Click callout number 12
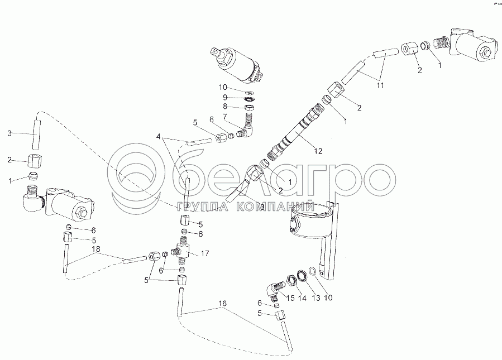pyautogui.click(x=318, y=151)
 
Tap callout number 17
pyautogui.click(x=205, y=253)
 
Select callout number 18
pyautogui.click(x=96, y=248)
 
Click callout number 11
pyautogui.click(x=380, y=85)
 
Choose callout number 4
pyautogui.click(x=158, y=136)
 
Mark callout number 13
pyautogui.click(x=316, y=298)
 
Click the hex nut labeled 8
pyautogui.click(x=250, y=107)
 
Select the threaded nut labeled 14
pyautogui.click(x=291, y=280)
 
